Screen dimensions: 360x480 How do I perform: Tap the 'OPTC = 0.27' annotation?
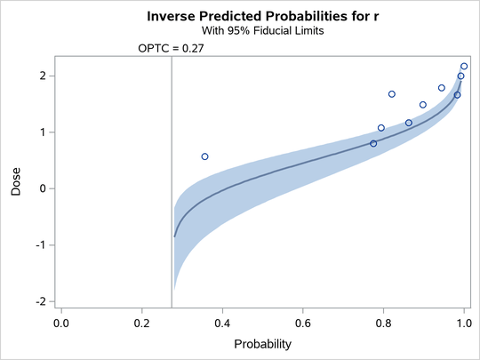coord(171,49)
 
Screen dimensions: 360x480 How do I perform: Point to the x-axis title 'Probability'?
coord(262,343)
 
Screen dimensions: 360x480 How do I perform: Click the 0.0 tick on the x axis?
coord(61,322)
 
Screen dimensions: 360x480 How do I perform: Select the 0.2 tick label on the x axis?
coord(141,322)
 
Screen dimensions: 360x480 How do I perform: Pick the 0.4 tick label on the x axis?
coord(222,322)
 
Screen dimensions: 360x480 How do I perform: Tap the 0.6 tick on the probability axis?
coord(303,322)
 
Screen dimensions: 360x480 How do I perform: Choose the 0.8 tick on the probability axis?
coord(383,322)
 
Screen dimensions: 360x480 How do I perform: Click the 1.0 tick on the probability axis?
coord(463,322)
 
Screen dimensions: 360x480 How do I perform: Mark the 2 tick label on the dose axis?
coord(41,76)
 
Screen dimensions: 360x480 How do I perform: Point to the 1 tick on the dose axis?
coord(41,132)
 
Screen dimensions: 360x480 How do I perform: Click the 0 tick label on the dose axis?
coord(41,188)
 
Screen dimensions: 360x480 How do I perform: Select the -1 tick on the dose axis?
coord(38,245)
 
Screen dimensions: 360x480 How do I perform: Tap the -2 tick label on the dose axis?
coord(38,301)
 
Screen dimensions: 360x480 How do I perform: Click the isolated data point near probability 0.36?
coord(204,156)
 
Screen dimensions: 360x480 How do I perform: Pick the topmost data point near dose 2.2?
coord(464,67)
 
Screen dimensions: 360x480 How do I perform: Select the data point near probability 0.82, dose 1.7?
coord(391,94)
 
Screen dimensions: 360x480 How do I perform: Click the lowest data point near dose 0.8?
coord(373,143)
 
